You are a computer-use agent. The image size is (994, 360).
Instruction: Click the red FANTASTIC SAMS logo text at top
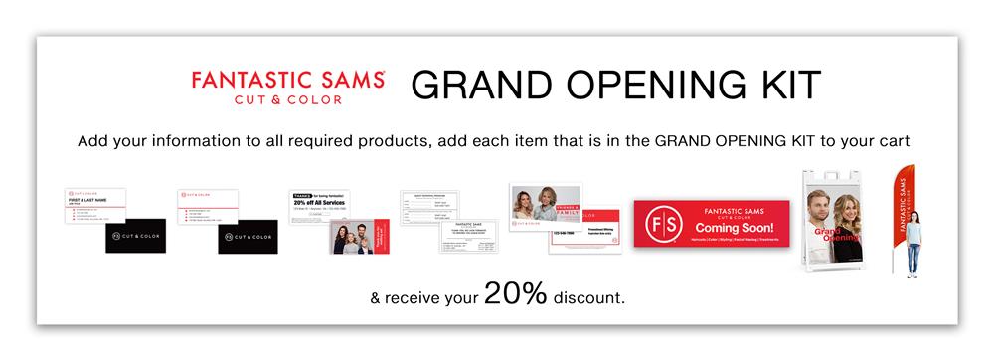[288, 79]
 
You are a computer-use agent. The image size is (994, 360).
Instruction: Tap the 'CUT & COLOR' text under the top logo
[288, 99]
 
